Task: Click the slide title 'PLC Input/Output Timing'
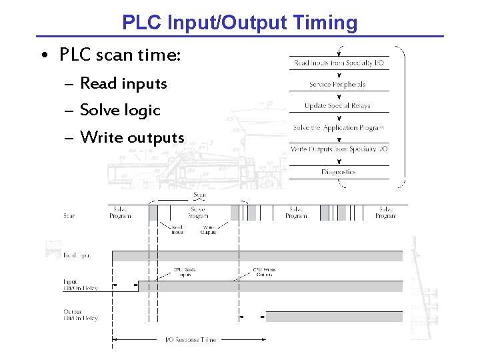click(x=239, y=23)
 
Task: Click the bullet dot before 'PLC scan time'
click(x=42, y=55)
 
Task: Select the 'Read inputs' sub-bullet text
click(x=123, y=83)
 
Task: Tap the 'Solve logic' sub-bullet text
click(x=120, y=110)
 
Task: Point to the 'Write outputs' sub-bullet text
click(x=131, y=137)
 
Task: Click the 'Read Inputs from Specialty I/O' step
click(x=339, y=63)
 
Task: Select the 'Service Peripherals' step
click(x=337, y=85)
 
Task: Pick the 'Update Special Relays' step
click(x=337, y=106)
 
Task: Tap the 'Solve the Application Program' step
click(x=338, y=127)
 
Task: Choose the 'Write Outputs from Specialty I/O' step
click(x=339, y=149)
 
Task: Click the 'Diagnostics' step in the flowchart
click(x=338, y=172)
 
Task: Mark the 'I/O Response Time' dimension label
click(x=191, y=340)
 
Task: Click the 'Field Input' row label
click(x=77, y=255)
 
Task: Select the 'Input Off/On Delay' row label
click(x=80, y=285)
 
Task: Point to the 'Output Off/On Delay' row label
click(x=81, y=315)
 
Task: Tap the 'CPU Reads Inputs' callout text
click(x=180, y=273)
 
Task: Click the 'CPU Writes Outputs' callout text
click(x=263, y=273)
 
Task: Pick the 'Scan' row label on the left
click(x=69, y=215)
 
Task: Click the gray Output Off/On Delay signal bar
click(x=334, y=316)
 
